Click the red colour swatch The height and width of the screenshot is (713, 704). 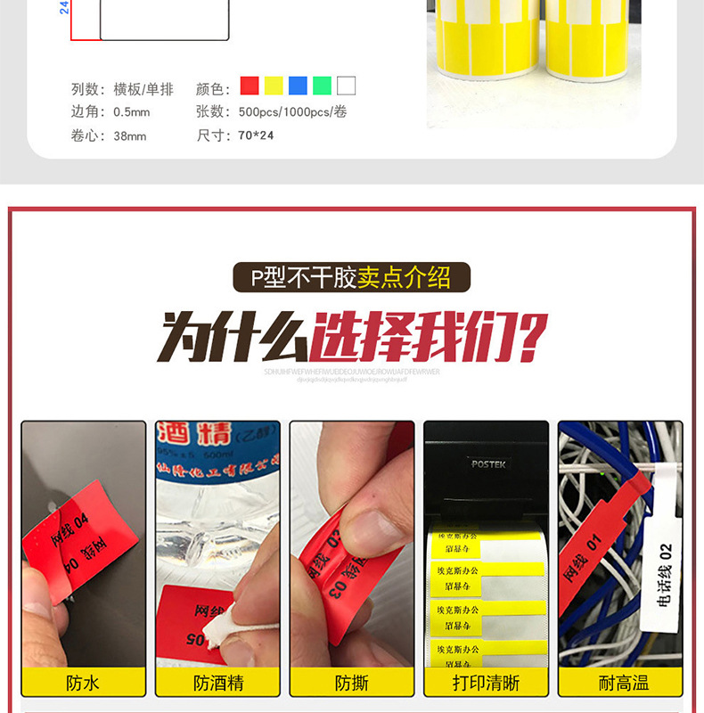click(x=250, y=86)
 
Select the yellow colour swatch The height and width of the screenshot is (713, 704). click(x=274, y=86)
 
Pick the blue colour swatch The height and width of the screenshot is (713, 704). click(x=298, y=86)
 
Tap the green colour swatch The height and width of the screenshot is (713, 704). click(x=322, y=86)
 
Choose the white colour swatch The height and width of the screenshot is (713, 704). click(x=346, y=86)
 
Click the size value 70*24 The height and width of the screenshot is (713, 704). click(x=257, y=135)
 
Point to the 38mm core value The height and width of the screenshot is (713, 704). click(x=130, y=136)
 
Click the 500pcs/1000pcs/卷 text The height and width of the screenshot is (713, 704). click(x=292, y=112)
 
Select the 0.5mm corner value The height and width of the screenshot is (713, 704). click(x=132, y=112)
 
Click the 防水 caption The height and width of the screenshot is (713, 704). click(x=83, y=684)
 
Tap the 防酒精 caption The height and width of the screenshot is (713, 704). click(x=218, y=684)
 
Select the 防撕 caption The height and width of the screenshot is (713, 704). click(x=352, y=684)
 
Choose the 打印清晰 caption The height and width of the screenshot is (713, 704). click(x=486, y=684)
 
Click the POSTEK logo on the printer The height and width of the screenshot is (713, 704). click(x=487, y=463)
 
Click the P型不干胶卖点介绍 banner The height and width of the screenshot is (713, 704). click(x=351, y=278)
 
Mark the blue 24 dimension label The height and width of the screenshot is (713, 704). click(x=64, y=7)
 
